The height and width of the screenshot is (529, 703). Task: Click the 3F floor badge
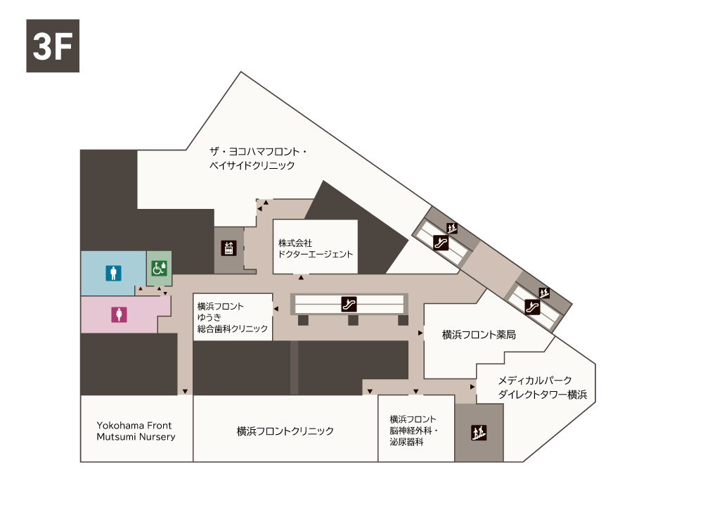53,46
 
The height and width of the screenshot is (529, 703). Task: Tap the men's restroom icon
113,273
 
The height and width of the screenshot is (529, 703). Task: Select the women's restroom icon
119,314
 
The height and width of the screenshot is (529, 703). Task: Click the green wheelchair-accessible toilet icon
159,268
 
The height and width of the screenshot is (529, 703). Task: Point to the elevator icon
228,248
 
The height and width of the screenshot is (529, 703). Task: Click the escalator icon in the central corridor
349,304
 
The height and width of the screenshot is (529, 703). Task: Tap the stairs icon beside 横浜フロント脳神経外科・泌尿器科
479,433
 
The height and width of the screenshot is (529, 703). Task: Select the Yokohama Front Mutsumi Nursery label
136,431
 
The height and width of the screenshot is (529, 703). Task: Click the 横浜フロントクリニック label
285,431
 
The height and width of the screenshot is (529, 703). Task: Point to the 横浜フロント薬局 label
479,335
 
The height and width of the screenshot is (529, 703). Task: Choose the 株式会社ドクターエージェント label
316,248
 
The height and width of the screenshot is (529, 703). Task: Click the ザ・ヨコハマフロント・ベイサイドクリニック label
258,158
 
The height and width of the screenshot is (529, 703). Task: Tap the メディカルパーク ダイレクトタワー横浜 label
543,388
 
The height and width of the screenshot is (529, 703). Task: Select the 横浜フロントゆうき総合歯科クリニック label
232,317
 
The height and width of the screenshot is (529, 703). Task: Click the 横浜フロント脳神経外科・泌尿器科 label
414,431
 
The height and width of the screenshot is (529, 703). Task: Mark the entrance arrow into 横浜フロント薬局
420,333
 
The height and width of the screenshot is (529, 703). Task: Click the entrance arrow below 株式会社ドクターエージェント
302,278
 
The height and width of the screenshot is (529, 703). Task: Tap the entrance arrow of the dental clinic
276,309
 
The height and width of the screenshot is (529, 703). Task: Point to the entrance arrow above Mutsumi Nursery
185,392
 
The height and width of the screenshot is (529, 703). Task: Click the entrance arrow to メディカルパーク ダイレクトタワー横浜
472,387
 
